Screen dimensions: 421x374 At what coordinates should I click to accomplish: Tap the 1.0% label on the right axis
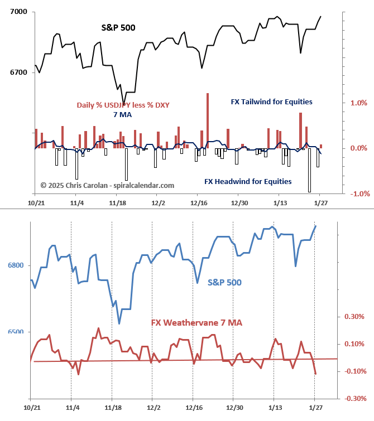(x=358, y=103)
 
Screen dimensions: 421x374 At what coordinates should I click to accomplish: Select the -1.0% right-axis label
(x=357, y=193)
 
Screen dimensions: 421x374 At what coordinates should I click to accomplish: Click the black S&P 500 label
(x=118, y=27)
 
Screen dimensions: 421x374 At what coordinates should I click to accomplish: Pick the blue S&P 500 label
(x=224, y=282)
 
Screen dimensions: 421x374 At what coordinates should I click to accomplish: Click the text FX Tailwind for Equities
(x=271, y=102)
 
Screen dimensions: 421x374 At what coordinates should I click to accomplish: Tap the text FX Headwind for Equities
(x=248, y=181)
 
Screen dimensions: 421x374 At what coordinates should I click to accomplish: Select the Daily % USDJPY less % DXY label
(x=123, y=105)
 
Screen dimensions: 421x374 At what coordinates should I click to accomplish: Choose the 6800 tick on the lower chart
(x=15, y=265)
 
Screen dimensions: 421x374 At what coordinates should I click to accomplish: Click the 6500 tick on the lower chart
(x=15, y=332)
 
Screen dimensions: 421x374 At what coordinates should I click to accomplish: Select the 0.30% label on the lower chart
(x=355, y=317)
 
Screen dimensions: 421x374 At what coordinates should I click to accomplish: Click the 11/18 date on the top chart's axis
(x=117, y=203)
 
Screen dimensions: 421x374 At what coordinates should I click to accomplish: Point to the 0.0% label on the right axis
(x=358, y=148)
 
